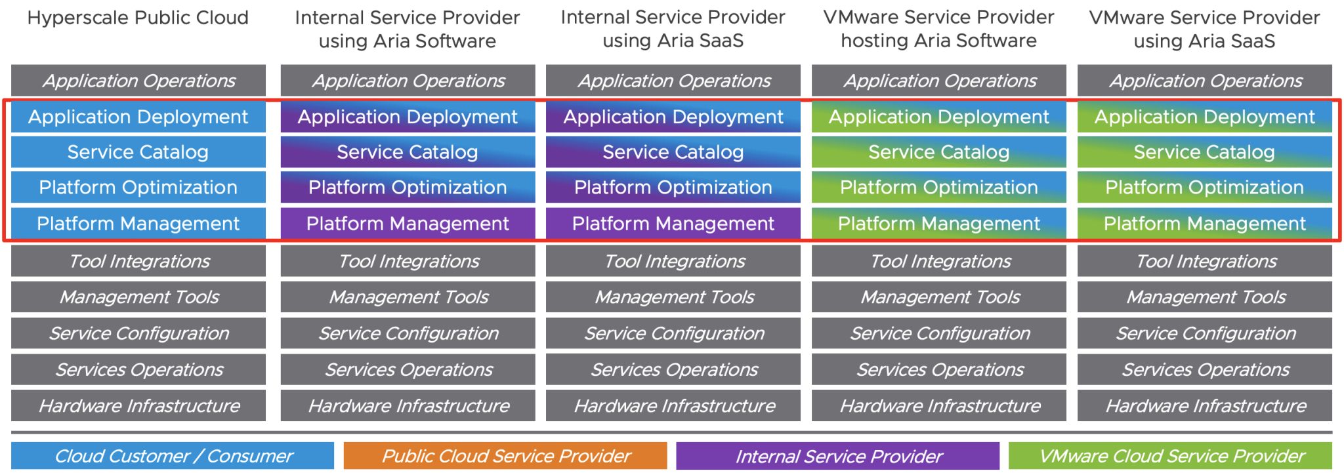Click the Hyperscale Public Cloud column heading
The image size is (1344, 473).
(x=138, y=18)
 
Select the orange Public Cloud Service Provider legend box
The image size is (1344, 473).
(x=505, y=456)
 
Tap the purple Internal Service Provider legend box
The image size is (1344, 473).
(x=837, y=456)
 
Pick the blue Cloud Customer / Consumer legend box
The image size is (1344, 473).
(x=173, y=456)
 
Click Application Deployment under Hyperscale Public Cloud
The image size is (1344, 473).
(x=138, y=117)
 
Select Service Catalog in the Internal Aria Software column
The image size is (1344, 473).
(x=408, y=152)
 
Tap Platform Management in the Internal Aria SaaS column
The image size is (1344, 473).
(x=673, y=224)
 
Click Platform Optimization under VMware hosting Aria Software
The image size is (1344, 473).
(x=938, y=188)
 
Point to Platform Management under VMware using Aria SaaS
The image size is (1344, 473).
(x=1204, y=224)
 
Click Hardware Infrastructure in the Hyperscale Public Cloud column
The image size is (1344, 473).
(x=138, y=406)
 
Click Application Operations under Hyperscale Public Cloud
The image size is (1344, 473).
(x=138, y=81)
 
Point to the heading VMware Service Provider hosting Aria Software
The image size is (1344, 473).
(x=938, y=29)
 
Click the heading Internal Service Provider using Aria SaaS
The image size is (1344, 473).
(x=673, y=29)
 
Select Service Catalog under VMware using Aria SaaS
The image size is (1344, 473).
(x=1204, y=152)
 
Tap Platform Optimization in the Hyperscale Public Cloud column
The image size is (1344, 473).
(x=138, y=188)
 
